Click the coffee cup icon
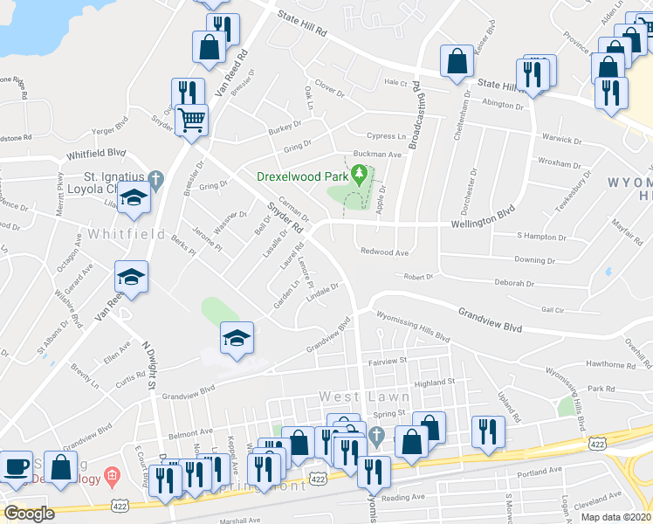tap(16, 466)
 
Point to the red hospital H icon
tap(111, 477)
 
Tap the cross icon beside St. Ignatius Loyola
tap(156, 181)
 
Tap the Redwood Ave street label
tap(385, 252)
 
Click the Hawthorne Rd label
tap(611, 364)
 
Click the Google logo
tap(29, 514)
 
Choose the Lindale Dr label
tap(322, 291)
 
